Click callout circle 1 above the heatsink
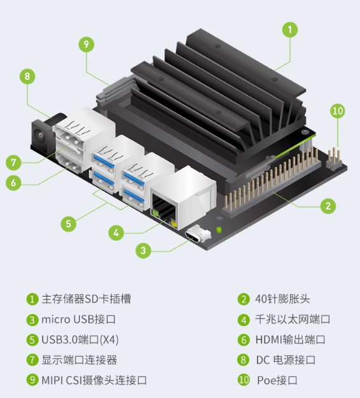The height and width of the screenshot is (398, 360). click(290, 30)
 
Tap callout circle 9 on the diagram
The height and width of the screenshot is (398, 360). click(87, 45)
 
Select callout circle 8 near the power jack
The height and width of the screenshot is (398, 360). click(27, 76)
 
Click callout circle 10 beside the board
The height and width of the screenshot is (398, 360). click(338, 111)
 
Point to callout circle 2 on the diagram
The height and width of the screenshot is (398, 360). click(328, 206)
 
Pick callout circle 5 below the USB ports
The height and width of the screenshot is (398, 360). click(69, 224)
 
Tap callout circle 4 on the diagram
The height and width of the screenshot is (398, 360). click(116, 233)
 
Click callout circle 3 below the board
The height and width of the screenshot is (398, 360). click(143, 250)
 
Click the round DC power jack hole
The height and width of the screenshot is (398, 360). click(39, 135)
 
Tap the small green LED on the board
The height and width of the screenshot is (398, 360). click(219, 230)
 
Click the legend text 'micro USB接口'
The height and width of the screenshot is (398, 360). click(78, 319)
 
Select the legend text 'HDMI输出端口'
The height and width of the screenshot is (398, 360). click(290, 339)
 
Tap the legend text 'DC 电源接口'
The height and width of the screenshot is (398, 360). click(286, 360)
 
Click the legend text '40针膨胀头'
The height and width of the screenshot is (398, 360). click(282, 299)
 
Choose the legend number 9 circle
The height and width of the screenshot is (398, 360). click(32, 380)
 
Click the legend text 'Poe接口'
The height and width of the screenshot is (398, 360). click(277, 380)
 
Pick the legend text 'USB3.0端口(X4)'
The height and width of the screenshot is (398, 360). click(80, 339)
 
